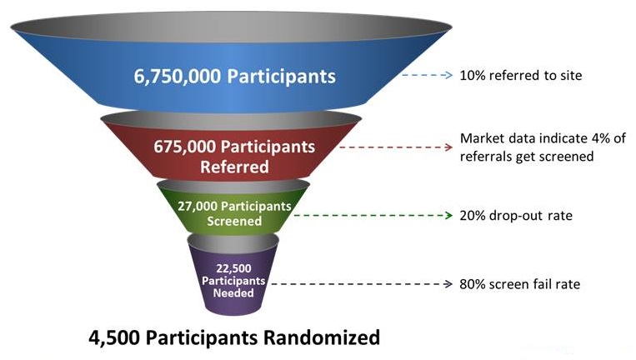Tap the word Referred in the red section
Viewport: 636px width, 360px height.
click(234, 167)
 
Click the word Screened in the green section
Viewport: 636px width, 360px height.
click(235, 221)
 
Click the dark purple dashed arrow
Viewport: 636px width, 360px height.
click(359, 284)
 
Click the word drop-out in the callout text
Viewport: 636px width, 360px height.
click(517, 216)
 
